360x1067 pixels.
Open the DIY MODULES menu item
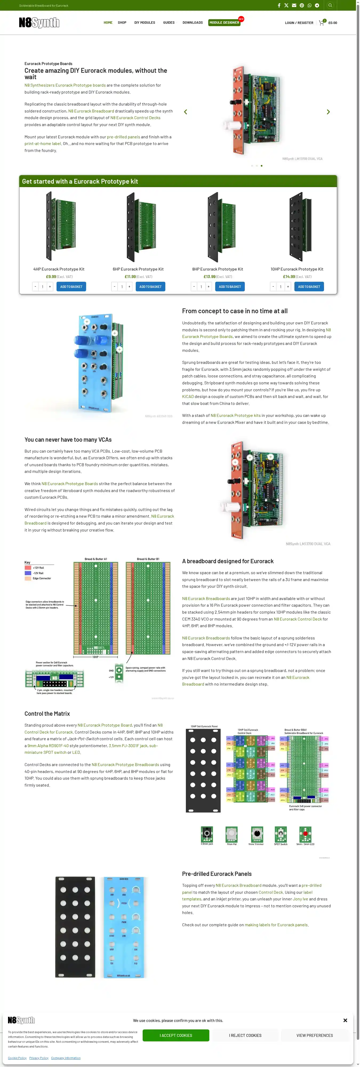tap(145, 23)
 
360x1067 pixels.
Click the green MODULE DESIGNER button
tap(224, 23)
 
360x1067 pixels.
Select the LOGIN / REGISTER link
tap(299, 23)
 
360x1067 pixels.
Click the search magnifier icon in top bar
tap(330, 5)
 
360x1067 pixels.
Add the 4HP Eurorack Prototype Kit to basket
tap(71, 287)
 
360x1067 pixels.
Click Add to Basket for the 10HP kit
tap(309, 287)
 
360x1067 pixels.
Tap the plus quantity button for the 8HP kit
tap(208, 287)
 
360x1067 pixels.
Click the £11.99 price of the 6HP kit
tap(130, 277)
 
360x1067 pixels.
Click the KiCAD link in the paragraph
tap(188, 396)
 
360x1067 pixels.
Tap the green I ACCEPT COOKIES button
tap(176, 1035)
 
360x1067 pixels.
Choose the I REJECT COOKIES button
tap(245, 1035)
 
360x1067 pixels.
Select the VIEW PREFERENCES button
tap(314, 1035)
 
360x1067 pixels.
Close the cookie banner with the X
tap(345, 1020)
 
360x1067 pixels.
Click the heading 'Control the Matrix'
tap(47, 713)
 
